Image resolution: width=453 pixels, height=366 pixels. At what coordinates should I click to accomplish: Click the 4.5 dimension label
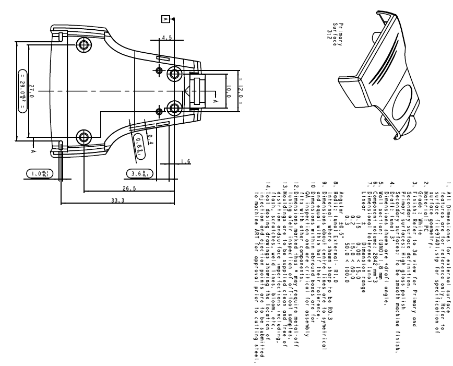166,38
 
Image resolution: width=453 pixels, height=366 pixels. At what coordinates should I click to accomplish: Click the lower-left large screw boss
82,138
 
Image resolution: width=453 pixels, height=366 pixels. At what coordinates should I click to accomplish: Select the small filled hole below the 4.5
159,70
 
